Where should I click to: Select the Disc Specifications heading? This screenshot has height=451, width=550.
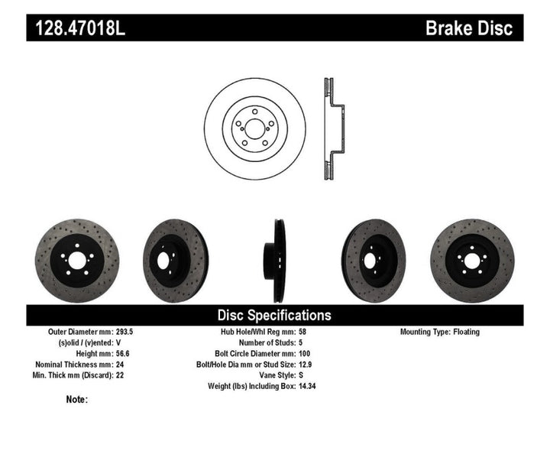pos(274,315)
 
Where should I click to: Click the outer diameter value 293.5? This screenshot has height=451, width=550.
pos(146,333)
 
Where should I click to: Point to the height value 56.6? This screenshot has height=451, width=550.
pos(144,354)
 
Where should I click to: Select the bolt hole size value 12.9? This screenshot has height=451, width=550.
pos(305,365)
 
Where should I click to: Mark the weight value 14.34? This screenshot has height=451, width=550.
pos(307,386)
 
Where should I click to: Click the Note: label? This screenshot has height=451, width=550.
pos(76,399)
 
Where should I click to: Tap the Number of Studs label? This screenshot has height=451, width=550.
pos(257,343)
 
